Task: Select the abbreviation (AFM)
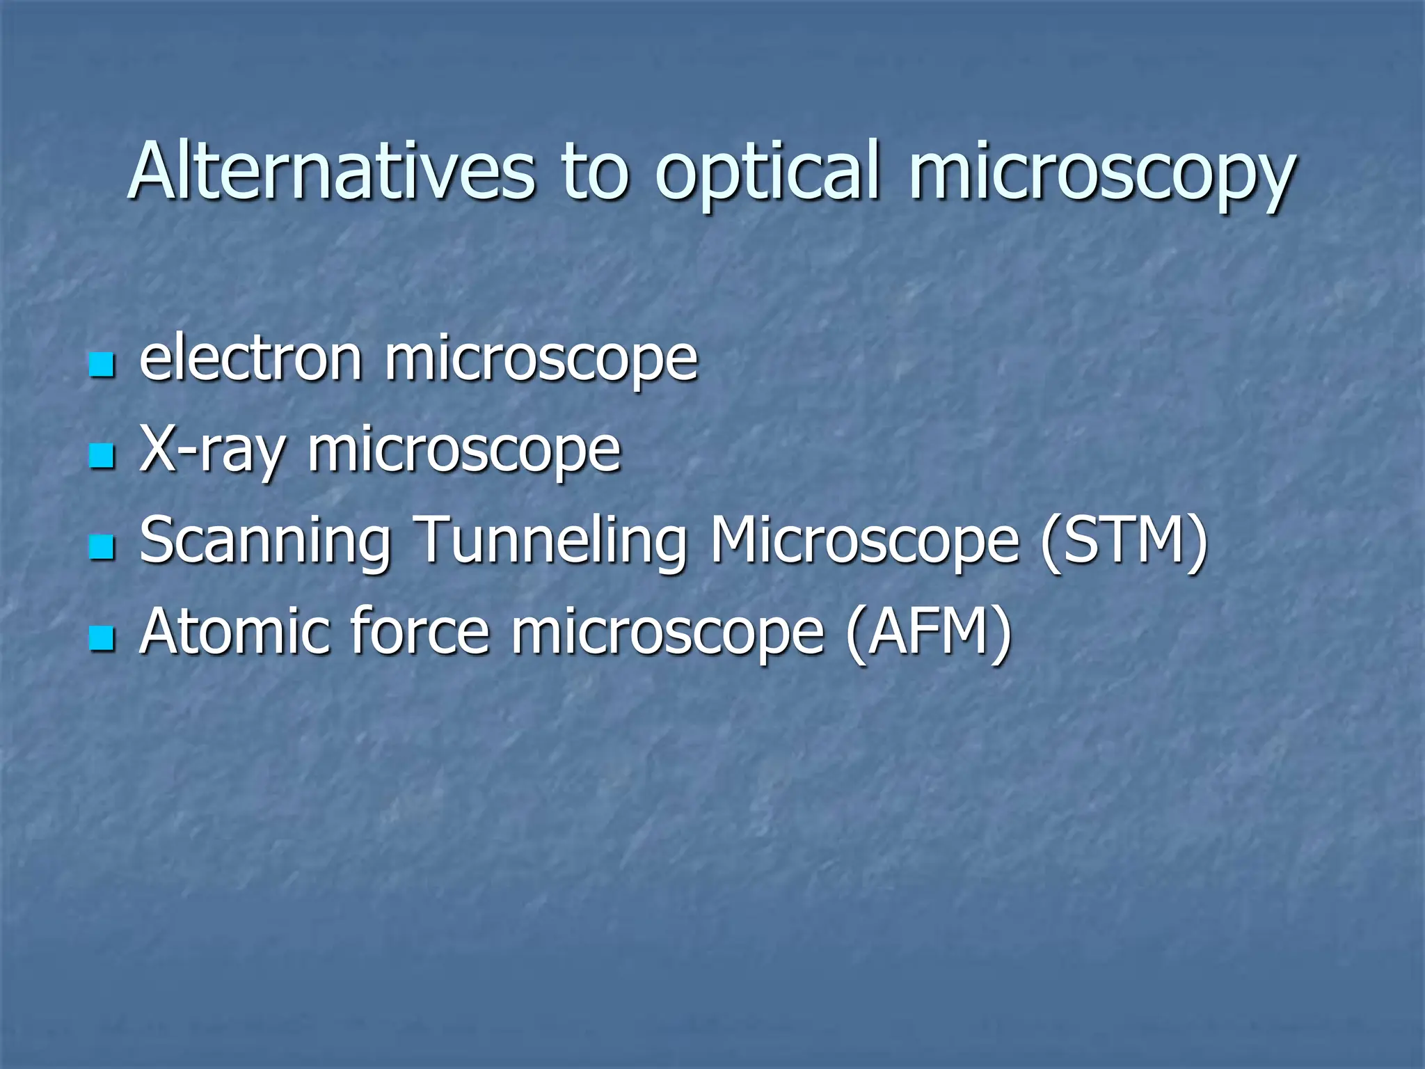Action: click(x=928, y=632)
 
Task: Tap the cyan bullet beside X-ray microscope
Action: click(x=102, y=457)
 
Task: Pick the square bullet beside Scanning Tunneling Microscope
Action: click(x=102, y=547)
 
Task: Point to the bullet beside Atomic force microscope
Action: click(x=102, y=638)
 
